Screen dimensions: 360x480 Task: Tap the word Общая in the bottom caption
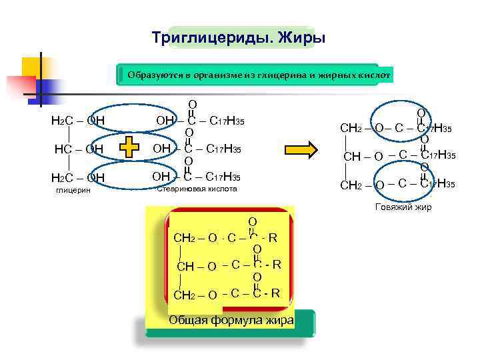point(189,320)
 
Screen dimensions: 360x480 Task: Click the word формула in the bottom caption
point(237,320)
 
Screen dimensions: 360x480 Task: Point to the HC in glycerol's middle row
point(64,149)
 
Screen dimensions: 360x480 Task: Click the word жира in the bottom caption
point(280,320)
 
